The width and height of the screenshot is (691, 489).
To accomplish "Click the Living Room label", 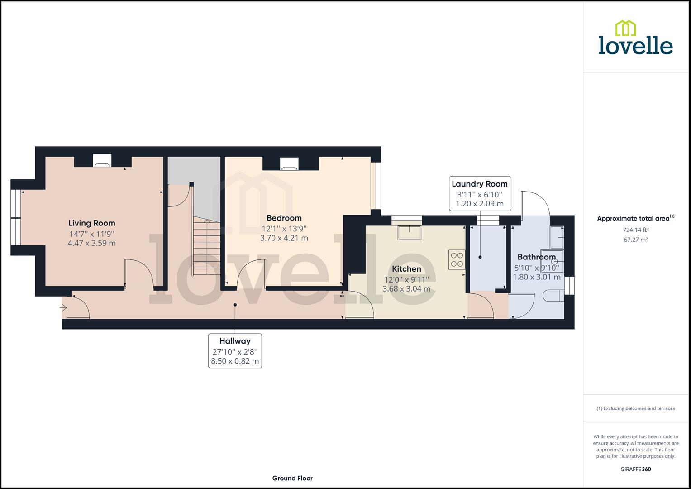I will click(x=92, y=223).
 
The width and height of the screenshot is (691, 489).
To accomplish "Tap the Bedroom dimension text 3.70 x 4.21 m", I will click(x=284, y=238).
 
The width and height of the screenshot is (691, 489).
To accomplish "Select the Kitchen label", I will click(x=406, y=269).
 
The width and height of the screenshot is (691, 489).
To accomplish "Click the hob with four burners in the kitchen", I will click(x=457, y=259).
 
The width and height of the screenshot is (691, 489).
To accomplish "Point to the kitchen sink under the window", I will click(x=409, y=233).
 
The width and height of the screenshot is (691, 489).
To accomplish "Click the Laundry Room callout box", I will click(x=480, y=193).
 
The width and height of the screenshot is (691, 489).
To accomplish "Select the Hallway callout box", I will click(x=235, y=350).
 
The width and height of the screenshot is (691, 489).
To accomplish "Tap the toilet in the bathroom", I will click(x=552, y=297).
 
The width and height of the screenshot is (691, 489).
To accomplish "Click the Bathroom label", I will click(x=536, y=257).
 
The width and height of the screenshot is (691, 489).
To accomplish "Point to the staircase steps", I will click(x=206, y=247).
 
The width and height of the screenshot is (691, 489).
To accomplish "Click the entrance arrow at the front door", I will click(x=63, y=308).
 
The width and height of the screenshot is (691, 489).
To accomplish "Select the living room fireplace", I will click(x=102, y=161).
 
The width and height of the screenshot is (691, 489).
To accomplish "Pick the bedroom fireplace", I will click(x=289, y=164).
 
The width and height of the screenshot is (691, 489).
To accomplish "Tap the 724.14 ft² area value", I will click(x=635, y=230).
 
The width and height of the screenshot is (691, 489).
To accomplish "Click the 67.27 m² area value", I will click(x=635, y=240).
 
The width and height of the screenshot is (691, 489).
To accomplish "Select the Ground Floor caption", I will click(x=292, y=478).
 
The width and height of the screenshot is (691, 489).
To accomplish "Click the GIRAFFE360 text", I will click(x=635, y=469).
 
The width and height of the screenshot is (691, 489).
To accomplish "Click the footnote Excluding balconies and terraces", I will click(x=635, y=408).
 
